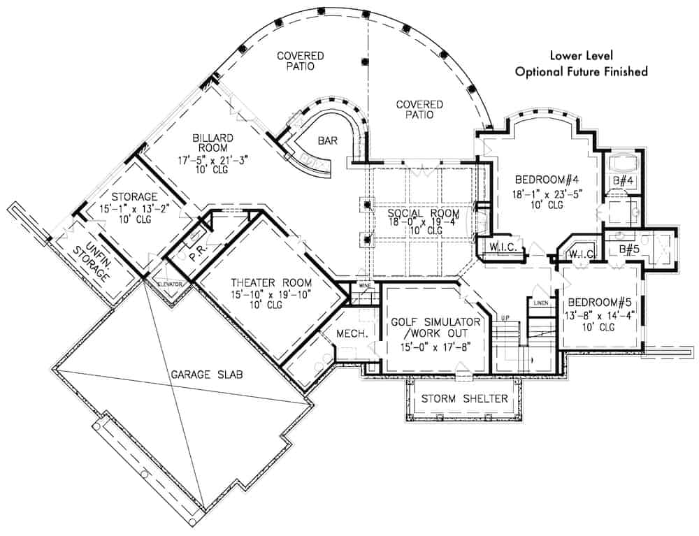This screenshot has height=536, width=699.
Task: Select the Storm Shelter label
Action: (464, 399)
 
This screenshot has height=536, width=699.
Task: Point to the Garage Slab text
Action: (207, 375)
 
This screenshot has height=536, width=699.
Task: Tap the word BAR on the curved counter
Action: (328, 140)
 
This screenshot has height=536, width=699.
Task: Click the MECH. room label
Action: (352, 335)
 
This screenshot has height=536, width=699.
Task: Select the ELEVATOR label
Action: (170, 284)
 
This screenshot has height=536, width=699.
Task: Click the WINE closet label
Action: (364, 285)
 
